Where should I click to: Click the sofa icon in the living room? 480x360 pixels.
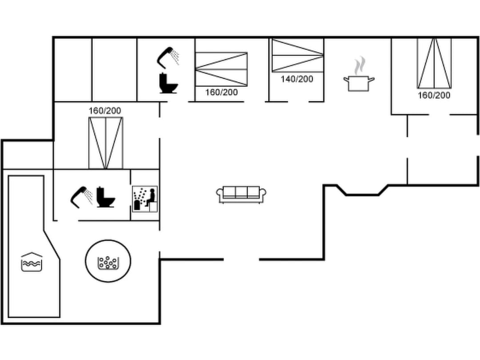[241, 194]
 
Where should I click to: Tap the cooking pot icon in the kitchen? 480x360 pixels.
[359, 83]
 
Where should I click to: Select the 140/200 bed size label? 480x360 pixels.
[296, 79]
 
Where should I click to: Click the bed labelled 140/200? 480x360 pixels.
[297, 55]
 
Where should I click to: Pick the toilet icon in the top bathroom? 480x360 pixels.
[168, 83]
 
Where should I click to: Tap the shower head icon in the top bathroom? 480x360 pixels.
[167, 57]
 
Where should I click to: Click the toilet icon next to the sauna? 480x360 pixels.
[105, 196]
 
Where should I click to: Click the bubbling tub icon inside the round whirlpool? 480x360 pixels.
[108, 262]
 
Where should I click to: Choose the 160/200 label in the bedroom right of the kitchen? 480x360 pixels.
[434, 96]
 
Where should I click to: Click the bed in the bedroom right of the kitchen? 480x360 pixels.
[434, 63]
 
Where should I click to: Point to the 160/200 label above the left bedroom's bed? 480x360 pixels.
[105, 111]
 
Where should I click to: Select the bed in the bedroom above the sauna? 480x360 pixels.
[105, 143]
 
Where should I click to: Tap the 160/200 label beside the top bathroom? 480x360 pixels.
[221, 92]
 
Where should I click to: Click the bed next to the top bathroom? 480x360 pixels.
[221, 69]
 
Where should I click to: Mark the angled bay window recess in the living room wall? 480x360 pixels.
[362, 190]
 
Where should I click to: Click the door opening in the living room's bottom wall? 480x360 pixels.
[241, 259]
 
